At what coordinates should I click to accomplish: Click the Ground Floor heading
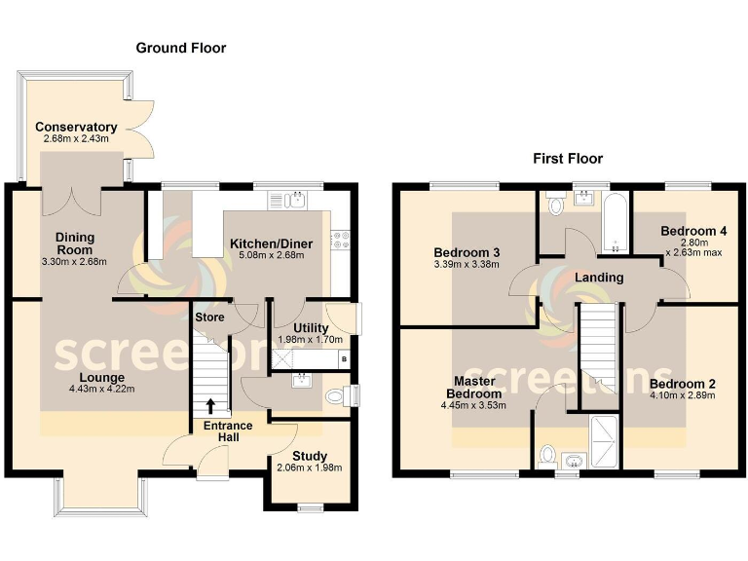click(x=180, y=47)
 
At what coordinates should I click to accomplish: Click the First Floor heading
click(x=568, y=158)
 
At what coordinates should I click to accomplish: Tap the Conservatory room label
click(x=76, y=127)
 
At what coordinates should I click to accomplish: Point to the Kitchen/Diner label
click(x=266, y=243)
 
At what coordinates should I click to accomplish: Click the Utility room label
click(x=311, y=327)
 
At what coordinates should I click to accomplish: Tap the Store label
click(x=209, y=317)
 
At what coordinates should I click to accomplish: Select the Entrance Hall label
click(x=228, y=432)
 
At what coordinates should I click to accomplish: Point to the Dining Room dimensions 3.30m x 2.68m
click(x=74, y=262)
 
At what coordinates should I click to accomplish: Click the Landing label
click(x=599, y=278)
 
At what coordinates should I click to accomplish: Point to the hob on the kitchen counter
click(x=341, y=241)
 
